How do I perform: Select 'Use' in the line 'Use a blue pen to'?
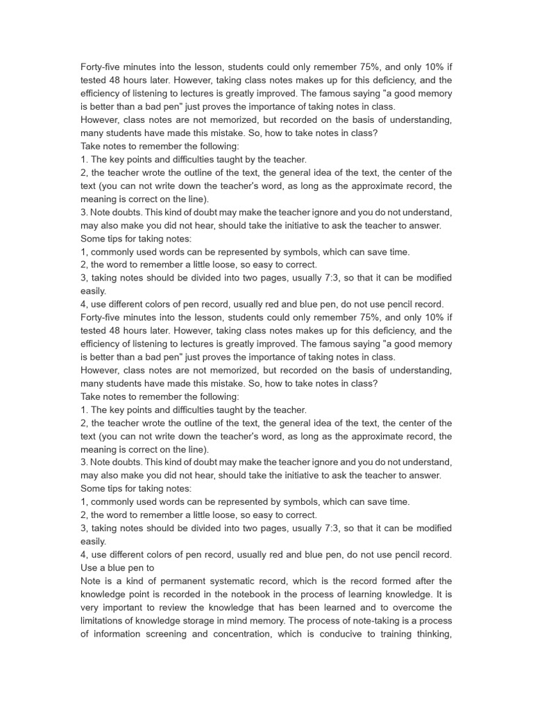90,567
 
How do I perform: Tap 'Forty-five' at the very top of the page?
103,67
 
